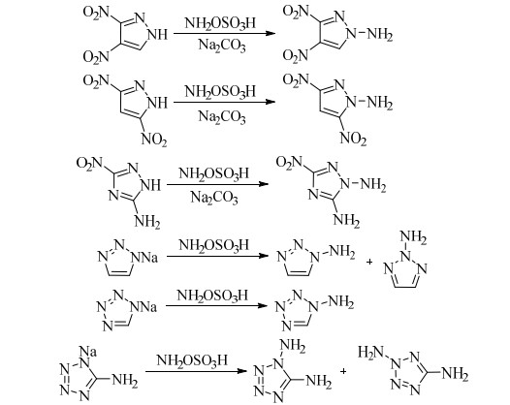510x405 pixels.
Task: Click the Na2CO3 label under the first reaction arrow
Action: pos(222,46)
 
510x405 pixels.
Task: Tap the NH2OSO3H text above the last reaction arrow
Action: pos(192,360)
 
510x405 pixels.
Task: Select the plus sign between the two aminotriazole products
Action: pos(369,262)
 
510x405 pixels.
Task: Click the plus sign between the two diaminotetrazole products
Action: pos(343,371)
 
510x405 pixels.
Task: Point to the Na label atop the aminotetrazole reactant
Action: pos(88,352)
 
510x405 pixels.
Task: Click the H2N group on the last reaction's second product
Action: pos(370,353)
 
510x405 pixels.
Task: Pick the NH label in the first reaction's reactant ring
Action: pos(158,34)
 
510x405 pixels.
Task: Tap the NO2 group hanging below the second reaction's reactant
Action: pos(154,140)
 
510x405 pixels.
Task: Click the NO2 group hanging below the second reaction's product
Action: pos(353,140)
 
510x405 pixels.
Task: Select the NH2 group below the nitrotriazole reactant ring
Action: pos(147,222)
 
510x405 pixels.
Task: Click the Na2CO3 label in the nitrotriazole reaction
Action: pos(214,198)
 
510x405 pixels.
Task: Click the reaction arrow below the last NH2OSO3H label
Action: pos(195,371)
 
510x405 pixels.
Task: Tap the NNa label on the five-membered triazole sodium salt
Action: pos(144,258)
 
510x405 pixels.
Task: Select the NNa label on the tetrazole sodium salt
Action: pos(143,307)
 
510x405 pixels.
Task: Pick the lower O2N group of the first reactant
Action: pos(96,57)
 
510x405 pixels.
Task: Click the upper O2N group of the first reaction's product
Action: pos(296,12)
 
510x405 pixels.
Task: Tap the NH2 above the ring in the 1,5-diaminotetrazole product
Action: pos(293,346)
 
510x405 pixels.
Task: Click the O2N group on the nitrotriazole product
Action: pos(289,162)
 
